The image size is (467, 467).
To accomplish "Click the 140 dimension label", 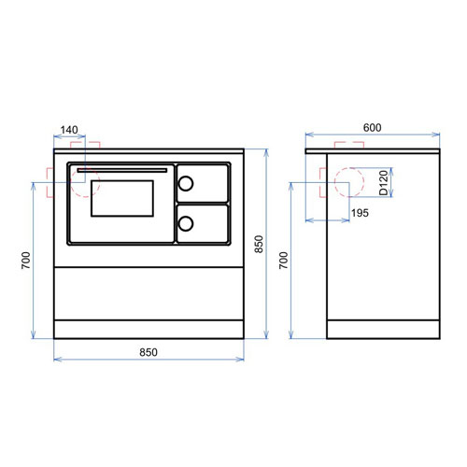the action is [69, 130].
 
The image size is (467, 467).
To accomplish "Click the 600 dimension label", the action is [373, 128].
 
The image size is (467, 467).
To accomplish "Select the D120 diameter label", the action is [384, 183].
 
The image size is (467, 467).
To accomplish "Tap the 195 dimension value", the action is [360, 213].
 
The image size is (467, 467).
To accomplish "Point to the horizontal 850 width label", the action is [149, 352].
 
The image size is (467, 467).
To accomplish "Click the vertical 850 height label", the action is [259, 244].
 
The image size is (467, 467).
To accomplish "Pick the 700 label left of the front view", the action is [26, 261].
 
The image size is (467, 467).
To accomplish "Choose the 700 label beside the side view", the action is [284, 261].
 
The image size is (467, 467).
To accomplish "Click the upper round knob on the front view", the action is [186, 183].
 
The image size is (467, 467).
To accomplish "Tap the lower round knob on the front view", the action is [186, 223].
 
